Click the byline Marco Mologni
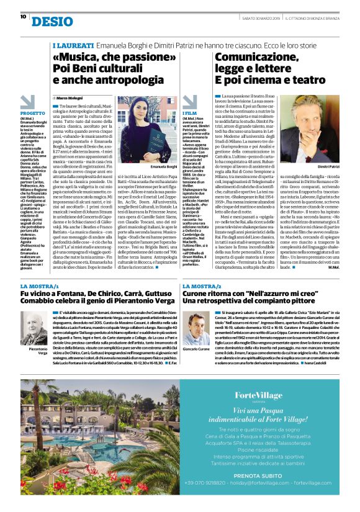point(70,99)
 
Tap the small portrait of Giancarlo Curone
point(198,319)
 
